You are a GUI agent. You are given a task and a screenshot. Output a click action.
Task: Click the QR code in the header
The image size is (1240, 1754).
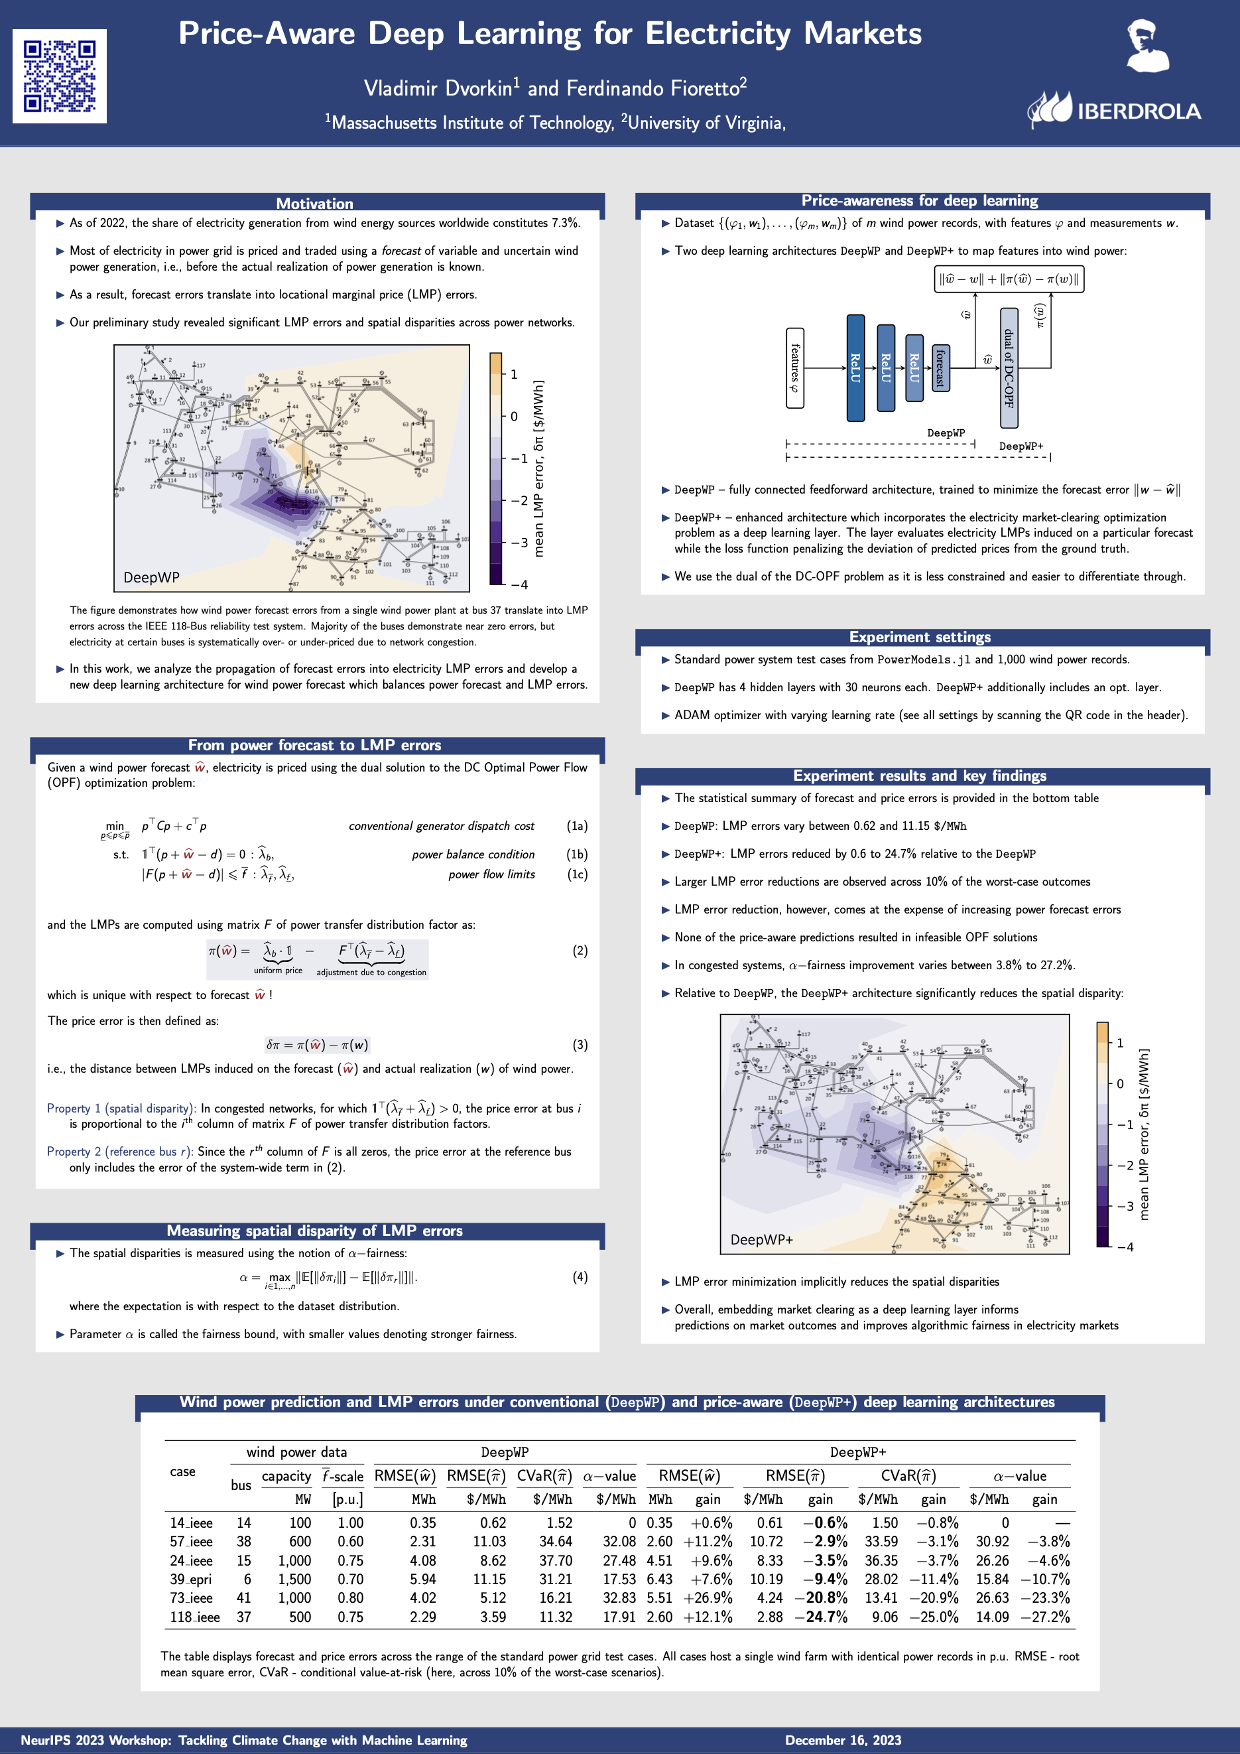coord(60,76)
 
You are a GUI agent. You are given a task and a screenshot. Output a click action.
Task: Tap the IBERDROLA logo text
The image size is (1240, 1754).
coord(1139,111)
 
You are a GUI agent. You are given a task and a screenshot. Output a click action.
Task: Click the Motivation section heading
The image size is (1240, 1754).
coord(314,203)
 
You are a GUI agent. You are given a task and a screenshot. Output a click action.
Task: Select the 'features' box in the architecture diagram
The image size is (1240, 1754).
coord(795,368)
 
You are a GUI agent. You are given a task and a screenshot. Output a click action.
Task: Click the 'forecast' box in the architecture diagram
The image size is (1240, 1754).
coord(941,368)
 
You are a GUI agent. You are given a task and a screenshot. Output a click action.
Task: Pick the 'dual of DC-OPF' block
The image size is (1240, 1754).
coord(1009,368)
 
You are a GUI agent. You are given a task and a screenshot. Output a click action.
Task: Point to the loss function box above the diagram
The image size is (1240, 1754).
coord(1009,279)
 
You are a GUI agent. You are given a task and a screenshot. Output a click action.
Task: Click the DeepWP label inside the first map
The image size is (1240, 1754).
coord(151,578)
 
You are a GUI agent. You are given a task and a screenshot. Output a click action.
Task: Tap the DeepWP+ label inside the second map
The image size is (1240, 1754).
coord(761,1239)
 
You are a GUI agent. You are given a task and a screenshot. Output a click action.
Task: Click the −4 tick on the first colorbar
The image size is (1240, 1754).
coord(519,585)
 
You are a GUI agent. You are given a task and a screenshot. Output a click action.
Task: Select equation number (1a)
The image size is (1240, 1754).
coord(578,826)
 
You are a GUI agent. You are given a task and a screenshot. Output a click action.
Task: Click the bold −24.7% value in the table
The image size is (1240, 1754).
coord(821,1617)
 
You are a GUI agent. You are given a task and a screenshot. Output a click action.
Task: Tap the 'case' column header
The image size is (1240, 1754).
coord(182,1471)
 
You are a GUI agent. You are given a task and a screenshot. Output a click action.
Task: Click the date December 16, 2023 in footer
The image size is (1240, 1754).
coord(843,1739)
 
